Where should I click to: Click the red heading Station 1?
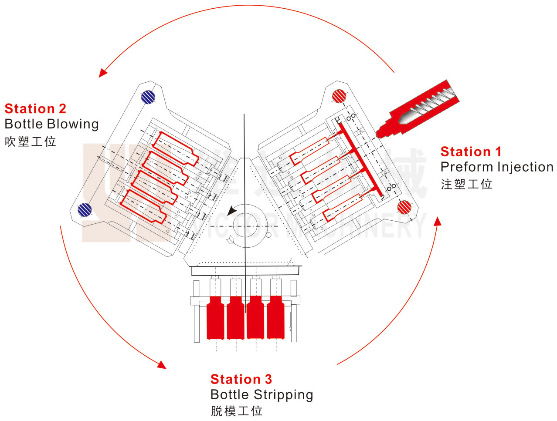471,152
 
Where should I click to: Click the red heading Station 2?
35,108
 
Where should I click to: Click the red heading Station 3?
241,379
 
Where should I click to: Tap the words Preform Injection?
496,167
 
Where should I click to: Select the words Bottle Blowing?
51,124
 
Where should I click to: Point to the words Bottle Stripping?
262,395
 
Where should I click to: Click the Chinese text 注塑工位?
466,184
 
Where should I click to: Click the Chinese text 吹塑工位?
31,141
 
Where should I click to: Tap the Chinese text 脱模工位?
237,411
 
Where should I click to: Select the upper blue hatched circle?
148,97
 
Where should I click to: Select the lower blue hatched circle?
85,210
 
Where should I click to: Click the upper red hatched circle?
339,96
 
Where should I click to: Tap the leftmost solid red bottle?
215,318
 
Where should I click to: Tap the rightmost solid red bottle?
275,318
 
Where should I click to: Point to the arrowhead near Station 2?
102,73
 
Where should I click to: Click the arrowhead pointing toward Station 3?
162,364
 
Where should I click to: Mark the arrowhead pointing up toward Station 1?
438,222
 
